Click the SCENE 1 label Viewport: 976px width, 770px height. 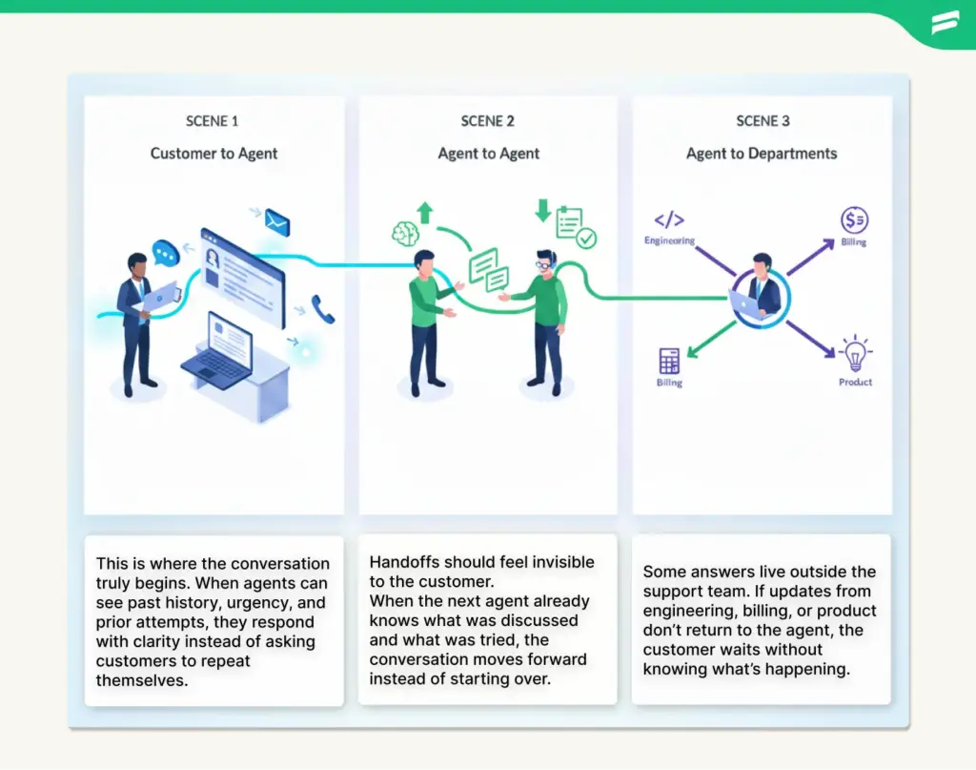(x=213, y=121)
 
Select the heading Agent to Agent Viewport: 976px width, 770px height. (x=488, y=154)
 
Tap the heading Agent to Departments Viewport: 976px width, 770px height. (x=762, y=154)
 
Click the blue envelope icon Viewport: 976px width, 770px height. (x=277, y=223)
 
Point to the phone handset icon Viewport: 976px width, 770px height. (x=323, y=309)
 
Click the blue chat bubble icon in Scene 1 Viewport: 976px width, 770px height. (x=167, y=252)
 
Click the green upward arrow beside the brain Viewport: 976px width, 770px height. (x=425, y=212)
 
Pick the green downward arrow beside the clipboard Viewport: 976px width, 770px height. (x=542, y=210)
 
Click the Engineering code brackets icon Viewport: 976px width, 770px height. (x=669, y=220)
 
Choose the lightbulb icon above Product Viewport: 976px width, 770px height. (x=855, y=354)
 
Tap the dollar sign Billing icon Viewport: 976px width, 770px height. (x=853, y=220)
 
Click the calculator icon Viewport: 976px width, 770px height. (x=669, y=362)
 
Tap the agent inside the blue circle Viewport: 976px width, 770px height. (x=762, y=287)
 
